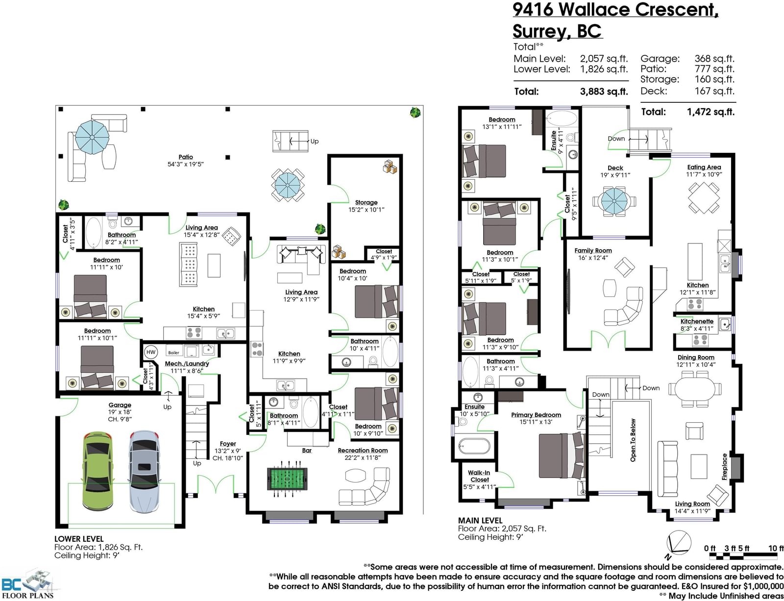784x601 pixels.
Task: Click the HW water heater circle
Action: [x=151, y=352]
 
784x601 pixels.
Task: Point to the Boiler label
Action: [x=173, y=353]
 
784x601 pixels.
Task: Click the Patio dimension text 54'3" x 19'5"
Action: [x=185, y=165]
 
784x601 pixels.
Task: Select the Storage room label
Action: [x=366, y=202]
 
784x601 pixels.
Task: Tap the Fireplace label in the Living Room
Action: [x=725, y=466]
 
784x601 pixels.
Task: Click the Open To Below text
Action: [x=633, y=440]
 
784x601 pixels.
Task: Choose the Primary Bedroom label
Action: [x=536, y=415]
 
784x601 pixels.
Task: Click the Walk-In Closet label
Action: [x=479, y=476]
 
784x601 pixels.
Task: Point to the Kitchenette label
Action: [x=697, y=321]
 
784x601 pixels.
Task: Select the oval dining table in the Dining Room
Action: [x=695, y=389]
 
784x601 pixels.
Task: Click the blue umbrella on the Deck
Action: [x=613, y=201]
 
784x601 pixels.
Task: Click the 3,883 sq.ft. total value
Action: [x=604, y=92]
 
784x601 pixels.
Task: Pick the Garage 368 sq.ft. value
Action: [x=714, y=59]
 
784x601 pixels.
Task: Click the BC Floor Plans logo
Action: [x=28, y=584]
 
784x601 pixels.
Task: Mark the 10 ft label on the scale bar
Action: [x=776, y=549]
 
